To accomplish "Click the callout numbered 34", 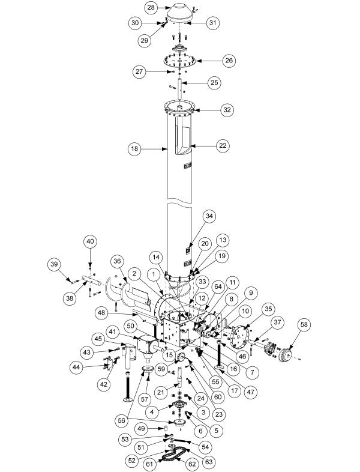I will point(209,216).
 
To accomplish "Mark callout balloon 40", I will point(90,241).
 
